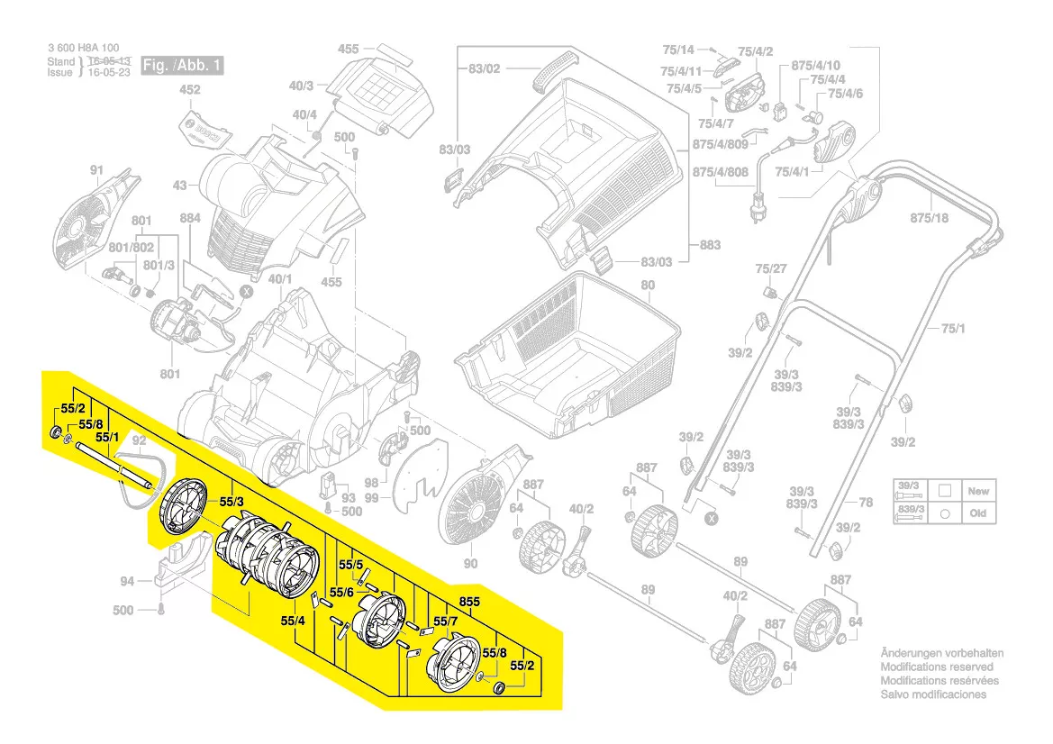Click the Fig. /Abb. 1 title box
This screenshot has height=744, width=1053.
182,66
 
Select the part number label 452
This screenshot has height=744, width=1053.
189,90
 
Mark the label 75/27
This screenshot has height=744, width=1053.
770,268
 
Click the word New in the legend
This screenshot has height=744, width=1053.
977,492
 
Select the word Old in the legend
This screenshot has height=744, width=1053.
977,513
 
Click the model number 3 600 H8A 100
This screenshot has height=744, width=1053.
82,49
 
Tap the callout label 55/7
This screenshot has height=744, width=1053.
445,622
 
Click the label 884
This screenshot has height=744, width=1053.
190,218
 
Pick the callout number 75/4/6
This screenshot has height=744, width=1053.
846,94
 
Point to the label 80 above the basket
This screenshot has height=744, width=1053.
648,286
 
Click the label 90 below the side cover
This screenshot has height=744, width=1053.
470,565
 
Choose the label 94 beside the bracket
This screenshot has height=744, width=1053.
128,582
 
